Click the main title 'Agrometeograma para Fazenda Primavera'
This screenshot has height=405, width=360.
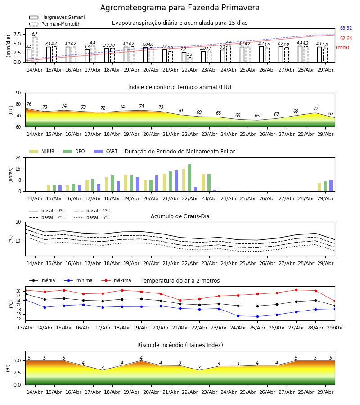coord(180,8)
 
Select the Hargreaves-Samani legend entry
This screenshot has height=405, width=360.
coord(57,17)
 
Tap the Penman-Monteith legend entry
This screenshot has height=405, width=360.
coord(55,24)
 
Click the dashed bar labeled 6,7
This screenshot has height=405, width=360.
coord(35,49)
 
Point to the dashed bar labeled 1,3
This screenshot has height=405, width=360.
coord(190,60)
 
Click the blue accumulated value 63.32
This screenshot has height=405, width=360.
coord(346,28)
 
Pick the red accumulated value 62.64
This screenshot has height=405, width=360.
coord(346,39)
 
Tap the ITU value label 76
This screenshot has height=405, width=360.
coord(29,104)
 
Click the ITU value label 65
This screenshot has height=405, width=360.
coord(257,116)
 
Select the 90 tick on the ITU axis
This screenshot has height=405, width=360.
coord(18,93)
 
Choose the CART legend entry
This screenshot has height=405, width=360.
coord(106,151)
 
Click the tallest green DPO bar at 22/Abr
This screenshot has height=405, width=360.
coord(190,178)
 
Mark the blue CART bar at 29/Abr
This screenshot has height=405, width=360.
coord(331,186)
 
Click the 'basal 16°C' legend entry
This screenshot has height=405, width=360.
coord(92,217)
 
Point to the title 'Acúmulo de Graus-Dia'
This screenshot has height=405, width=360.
coord(180,216)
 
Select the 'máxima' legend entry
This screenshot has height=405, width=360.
coord(116,280)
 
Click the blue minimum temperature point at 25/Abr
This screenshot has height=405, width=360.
coord(257,316)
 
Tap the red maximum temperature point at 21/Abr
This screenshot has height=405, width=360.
coord(180,300)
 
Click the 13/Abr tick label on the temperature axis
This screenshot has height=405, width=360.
coord(25,328)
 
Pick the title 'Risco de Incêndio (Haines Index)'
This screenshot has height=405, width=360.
coord(180,345)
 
